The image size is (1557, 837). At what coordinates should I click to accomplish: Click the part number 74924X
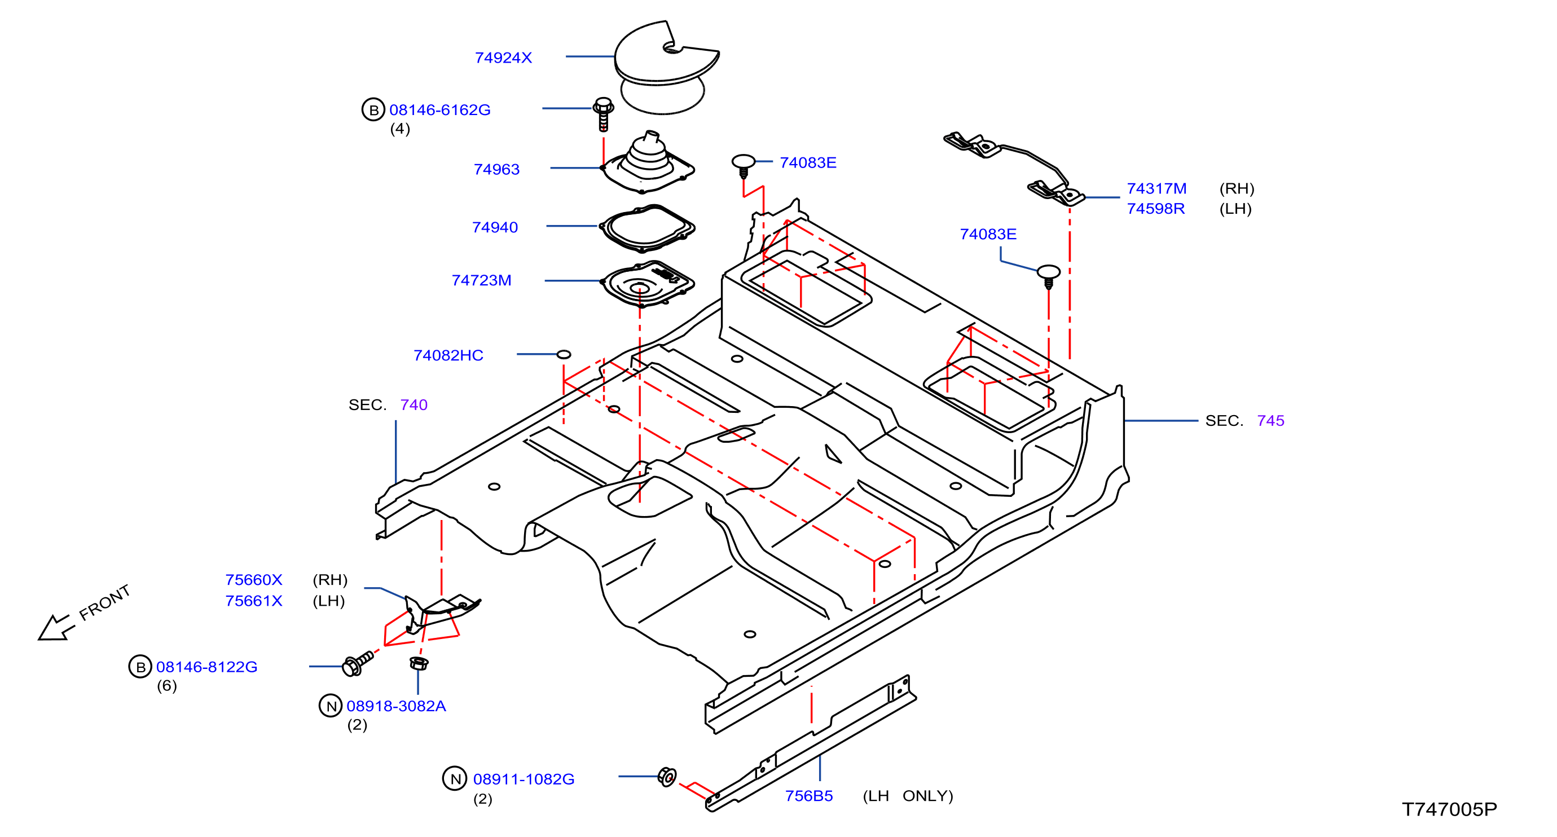coord(503,58)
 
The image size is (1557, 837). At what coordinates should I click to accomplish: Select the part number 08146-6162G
coord(439,110)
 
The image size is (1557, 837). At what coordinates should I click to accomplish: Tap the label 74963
coord(496,169)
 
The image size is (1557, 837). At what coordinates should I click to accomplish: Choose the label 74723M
coord(481,280)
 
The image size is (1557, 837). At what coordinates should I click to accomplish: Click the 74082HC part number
coord(448,355)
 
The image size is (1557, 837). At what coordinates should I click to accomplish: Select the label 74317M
coord(1156,188)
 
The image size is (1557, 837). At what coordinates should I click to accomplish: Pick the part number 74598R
coord(1156,209)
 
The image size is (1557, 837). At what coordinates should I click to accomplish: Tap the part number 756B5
coord(809,796)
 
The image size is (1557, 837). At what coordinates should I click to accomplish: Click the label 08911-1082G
coord(524,779)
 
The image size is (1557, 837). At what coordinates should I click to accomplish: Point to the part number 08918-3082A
coord(396,706)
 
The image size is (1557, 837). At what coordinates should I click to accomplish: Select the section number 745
coord(1270,421)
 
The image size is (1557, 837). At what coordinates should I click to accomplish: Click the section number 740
coord(414,405)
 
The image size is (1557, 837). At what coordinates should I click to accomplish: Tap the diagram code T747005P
coord(1449,809)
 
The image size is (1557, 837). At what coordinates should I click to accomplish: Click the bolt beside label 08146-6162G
coord(603,113)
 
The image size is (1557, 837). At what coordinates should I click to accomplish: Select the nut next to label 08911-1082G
coord(667,777)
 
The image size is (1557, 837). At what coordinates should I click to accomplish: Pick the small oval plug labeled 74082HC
coord(564,354)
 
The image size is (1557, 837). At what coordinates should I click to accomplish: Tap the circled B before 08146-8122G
coord(140,667)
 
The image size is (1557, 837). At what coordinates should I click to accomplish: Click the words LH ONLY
coord(908,796)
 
